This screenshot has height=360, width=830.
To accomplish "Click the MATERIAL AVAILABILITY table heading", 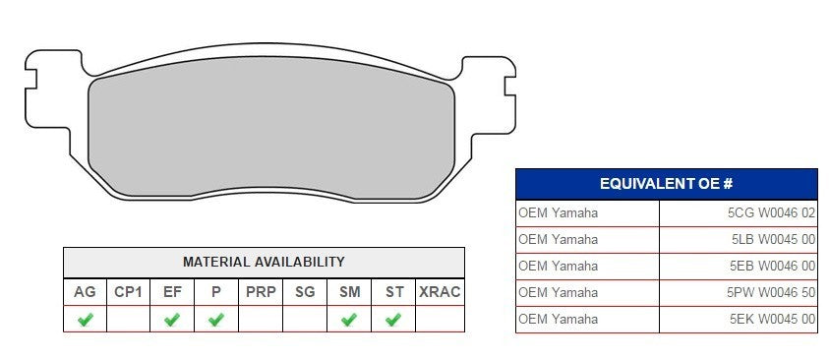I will (264, 263).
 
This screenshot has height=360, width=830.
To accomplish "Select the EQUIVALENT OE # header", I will (666, 184).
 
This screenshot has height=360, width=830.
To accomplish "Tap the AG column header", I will (85, 292).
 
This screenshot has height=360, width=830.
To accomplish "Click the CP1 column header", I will (128, 292).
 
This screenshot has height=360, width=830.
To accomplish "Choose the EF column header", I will (172, 292).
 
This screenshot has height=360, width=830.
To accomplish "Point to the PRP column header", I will (261, 292).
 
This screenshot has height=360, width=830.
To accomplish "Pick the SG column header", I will (305, 292).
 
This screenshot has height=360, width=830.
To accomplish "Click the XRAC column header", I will (440, 292).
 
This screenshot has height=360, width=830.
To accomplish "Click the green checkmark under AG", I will (85, 320).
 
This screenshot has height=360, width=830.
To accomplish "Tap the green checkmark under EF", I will (172, 320).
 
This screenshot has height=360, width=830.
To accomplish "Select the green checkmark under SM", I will (349, 320).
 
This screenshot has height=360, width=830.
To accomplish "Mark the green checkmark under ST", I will (393, 320).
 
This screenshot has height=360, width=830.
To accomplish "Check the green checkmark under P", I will (216, 320).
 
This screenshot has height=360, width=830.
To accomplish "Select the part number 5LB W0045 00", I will (774, 239).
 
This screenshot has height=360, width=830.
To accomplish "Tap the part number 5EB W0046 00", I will (774, 266).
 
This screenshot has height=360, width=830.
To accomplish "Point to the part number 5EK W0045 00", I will (774, 319).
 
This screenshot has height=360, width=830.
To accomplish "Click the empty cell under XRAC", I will (440, 320).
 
